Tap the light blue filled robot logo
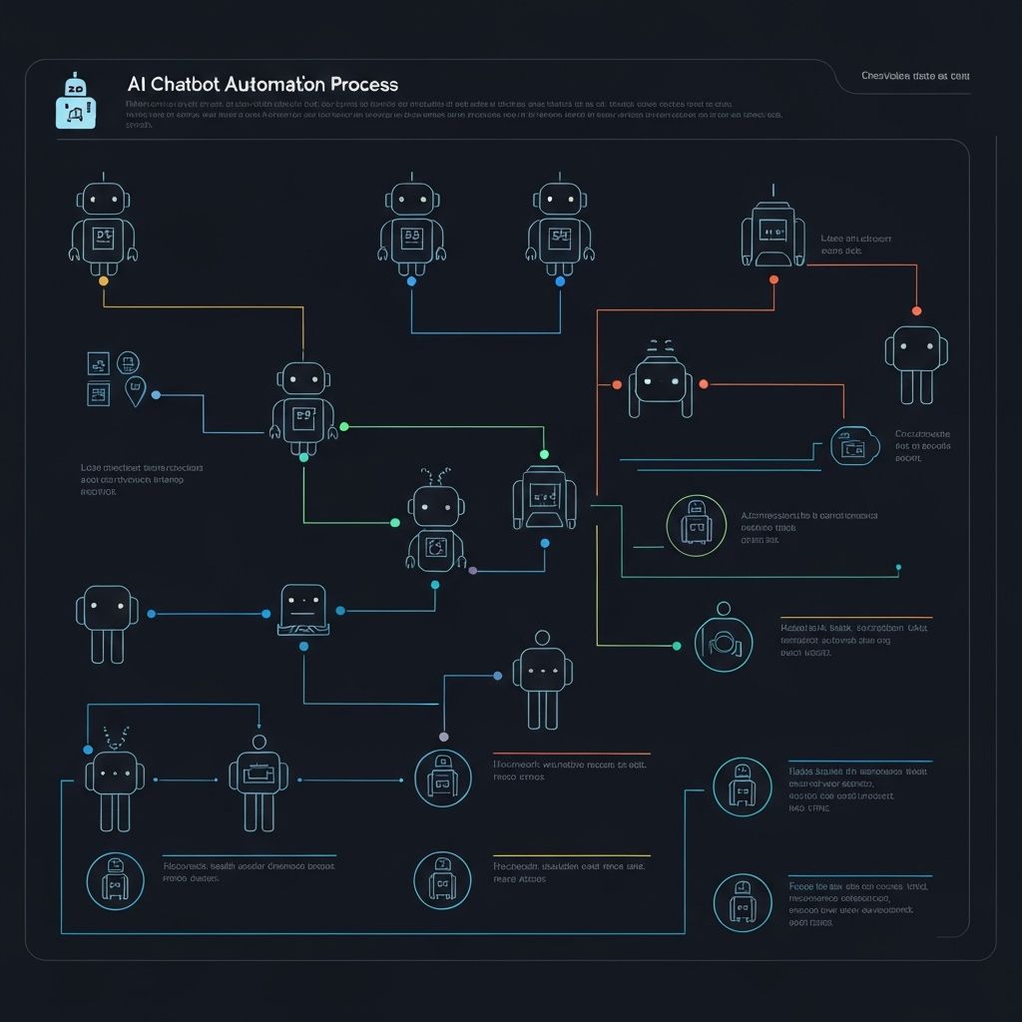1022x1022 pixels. tap(76, 103)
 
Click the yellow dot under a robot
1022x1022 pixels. tap(103, 281)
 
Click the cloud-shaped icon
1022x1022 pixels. tap(854, 446)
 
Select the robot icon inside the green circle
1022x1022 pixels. tap(696, 524)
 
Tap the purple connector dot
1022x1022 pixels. tap(472, 571)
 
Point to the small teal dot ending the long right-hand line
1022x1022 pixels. tap(898, 567)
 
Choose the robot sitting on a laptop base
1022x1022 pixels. tap(302, 609)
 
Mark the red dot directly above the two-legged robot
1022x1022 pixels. tap(916, 310)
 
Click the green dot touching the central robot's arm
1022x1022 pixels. tap(344, 426)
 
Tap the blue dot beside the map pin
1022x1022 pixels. tap(156, 395)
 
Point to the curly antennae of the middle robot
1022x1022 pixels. tap(436, 475)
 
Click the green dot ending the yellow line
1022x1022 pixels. tap(677, 646)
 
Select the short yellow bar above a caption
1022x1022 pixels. tap(571, 855)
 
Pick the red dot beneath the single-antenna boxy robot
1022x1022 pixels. tap(773, 280)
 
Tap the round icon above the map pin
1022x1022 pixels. tap(128, 362)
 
